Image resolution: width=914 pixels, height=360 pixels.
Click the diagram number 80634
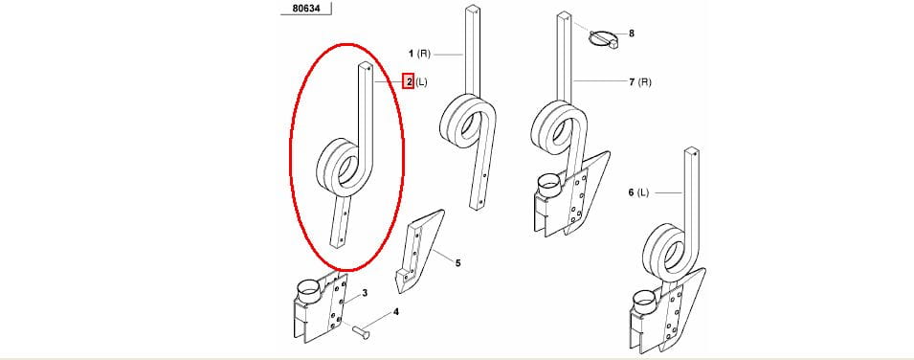(x=306, y=9)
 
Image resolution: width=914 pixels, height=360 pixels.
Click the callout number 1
(x=411, y=54)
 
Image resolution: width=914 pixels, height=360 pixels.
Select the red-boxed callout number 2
(x=410, y=82)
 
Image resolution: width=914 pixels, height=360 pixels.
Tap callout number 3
(x=365, y=292)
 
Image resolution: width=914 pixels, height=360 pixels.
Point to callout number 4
(x=396, y=311)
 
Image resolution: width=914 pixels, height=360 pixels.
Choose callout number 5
(x=458, y=263)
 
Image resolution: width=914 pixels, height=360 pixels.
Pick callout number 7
(x=632, y=82)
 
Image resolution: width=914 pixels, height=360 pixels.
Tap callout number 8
(x=632, y=34)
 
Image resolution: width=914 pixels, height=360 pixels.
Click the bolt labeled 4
(x=361, y=332)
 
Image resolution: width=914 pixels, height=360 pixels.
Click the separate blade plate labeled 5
(x=419, y=251)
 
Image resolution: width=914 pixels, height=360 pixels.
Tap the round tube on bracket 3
(x=309, y=288)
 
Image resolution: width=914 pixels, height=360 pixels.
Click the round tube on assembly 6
(x=646, y=300)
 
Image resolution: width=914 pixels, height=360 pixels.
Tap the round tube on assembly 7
(x=548, y=185)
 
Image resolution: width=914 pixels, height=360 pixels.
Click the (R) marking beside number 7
(x=645, y=82)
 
